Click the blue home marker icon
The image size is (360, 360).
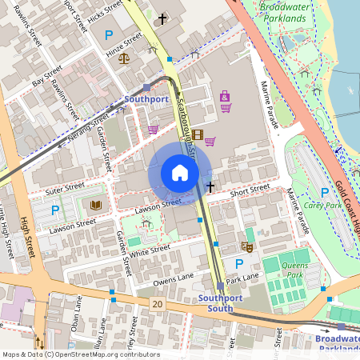point(180,173)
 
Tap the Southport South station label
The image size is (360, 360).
point(215,303)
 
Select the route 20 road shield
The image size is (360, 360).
point(157,304)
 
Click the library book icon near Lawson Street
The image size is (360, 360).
point(96,206)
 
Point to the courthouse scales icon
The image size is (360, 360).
point(123,58)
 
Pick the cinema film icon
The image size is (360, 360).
point(198,134)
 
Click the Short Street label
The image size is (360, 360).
point(250,191)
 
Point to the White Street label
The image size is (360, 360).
point(150,251)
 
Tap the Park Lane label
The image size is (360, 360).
point(243,278)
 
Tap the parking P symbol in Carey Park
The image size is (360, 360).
point(324,193)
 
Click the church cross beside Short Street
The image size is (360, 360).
point(210,187)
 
